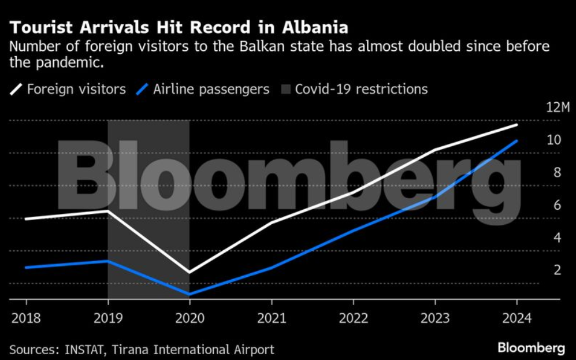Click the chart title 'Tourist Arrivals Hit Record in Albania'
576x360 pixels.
[x=178, y=28]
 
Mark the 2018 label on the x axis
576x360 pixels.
[x=26, y=317]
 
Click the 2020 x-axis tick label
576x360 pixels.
[x=189, y=317]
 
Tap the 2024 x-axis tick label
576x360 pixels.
[x=516, y=317]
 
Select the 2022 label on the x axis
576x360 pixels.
[x=353, y=317]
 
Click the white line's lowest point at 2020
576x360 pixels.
[x=189, y=272]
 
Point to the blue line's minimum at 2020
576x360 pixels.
[x=189, y=294]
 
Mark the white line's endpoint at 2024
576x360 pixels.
[x=516, y=124]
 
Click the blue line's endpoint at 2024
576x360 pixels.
[x=516, y=140]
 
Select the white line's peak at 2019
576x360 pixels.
[x=108, y=211]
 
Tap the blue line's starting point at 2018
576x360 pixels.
[x=26, y=268]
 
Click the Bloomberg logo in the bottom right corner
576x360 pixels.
[x=531, y=348]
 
